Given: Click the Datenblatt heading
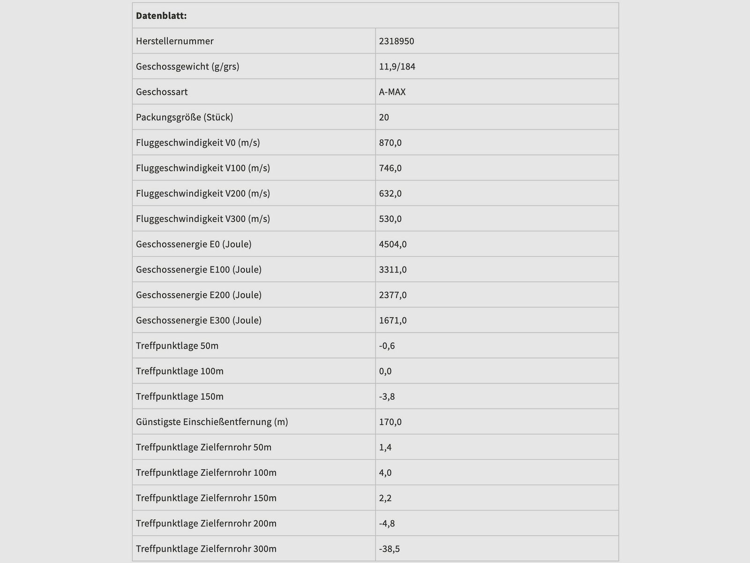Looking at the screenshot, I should pyautogui.click(x=161, y=16).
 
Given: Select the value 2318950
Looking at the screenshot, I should pyautogui.click(x=397, y=41).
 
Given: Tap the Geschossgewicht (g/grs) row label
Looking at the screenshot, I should pyautogui.click(x=187, y=67).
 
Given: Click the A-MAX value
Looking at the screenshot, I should pyautogui.click(x=392, y=92).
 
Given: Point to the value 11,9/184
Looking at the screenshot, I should pyautogui.click(x=397, y=67).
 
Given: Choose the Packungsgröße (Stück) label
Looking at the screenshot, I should pyautogui.click(x=184, y=117).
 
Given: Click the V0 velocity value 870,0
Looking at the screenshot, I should pyautogui.click(x=390, y=143).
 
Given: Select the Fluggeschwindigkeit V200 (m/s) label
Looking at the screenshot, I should pyautogui.click(x=203, y=193).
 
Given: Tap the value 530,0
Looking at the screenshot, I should pyautogui.click(x=390, y=219).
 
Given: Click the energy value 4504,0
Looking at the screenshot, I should pyautogui.click(x=393, y=244).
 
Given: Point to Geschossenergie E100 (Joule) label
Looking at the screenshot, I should pyautogui.click(x=199, y=269).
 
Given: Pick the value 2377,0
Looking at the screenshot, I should pyautogui.click(x=393, y=295).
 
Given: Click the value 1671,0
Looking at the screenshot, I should pyautogui.click(x=393, y=320).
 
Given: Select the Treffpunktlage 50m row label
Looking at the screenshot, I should pyautogui.click(x=177, y=346).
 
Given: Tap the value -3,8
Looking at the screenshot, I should pyautogui.click(x=387, y=396).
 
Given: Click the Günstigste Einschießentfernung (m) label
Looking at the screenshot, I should pyautogui.click(x=212, y=422).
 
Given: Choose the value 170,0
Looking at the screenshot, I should pyautogui.click(x=390, y=422).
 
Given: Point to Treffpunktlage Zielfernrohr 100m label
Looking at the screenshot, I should pyautogui.click(x=206, y=472).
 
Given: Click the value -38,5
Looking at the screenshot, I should pyautogui.click(x=389, y=549).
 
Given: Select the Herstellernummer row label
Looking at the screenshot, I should pyautogui.click(x=175, y=41).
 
